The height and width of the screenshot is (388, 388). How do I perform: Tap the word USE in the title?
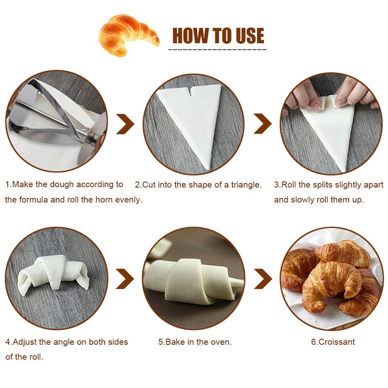(250, 35)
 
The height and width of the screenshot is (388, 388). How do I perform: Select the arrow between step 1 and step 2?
(125, 124)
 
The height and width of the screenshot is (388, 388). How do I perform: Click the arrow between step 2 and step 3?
(262, 124)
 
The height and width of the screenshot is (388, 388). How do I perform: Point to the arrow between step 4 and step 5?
(125, 279)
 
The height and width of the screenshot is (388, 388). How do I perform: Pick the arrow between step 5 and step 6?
(263, 279)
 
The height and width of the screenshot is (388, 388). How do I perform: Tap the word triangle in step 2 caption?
(246, 185)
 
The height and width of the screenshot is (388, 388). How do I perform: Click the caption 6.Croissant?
(333, 342)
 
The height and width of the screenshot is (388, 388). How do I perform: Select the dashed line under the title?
(218, 50)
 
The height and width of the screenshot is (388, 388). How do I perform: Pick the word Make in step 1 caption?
(22, 185)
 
